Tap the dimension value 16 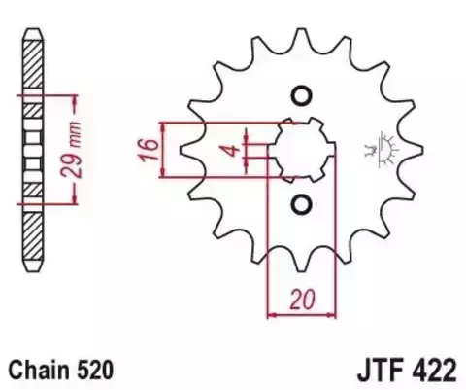(146, 150)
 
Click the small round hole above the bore (300, 95)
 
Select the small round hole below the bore (300, 204)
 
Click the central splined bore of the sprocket (300, 150)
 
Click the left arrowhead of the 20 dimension (271, 313)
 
